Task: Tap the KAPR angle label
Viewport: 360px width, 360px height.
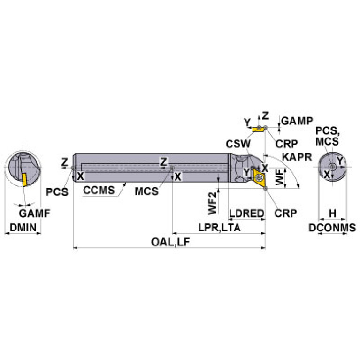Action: pyautogui.click(x=298, y=157)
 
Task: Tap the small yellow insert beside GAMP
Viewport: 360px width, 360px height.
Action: pyautogui.click(x=257, y=128)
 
